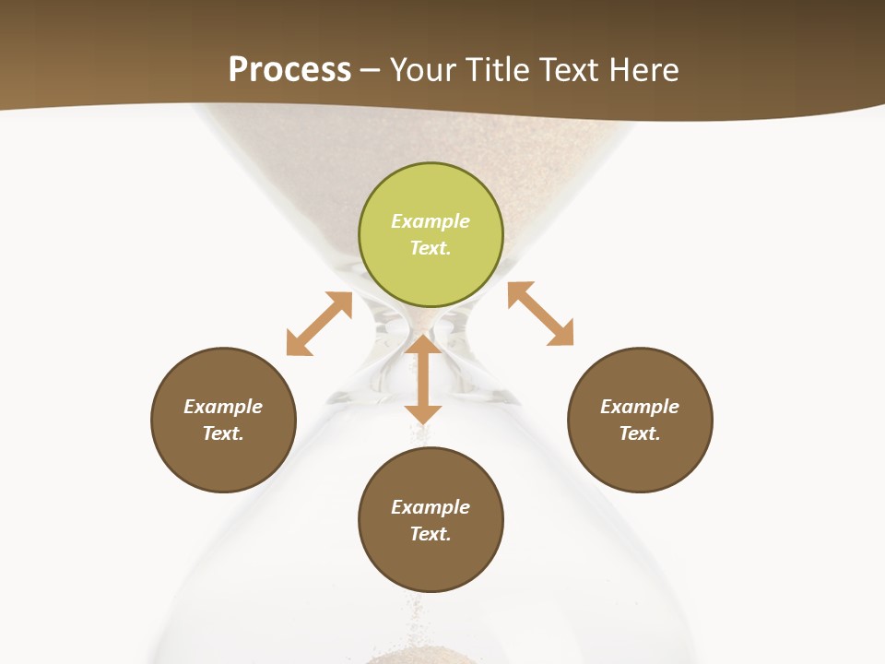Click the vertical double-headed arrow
tap(423, 380)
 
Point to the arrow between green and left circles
tap(319, 324)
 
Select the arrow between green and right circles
tap(541, 314)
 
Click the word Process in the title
tap(289, 69)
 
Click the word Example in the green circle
tap(431, 221)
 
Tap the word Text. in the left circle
tap(223, 433)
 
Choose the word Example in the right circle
tap(640, 407)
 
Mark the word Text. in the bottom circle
tap(431, 534)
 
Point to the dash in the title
tap(371, 70)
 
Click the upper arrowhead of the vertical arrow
tap(423, 345)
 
